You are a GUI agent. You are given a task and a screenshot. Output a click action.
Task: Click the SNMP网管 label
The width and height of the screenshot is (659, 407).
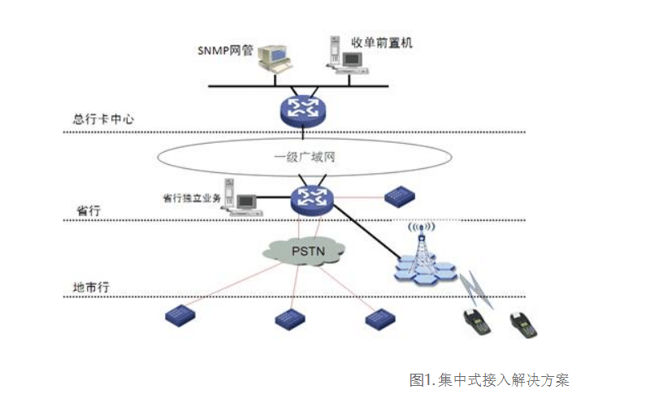pos(226,50)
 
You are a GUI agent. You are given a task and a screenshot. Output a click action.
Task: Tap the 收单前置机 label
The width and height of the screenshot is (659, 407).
pos(381,42)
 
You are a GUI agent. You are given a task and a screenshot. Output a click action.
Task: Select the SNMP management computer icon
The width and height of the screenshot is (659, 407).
pos(275,59)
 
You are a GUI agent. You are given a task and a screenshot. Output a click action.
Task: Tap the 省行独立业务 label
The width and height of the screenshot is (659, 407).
pos(192,197)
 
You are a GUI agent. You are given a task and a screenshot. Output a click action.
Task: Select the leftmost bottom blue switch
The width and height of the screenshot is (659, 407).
pos(179,314)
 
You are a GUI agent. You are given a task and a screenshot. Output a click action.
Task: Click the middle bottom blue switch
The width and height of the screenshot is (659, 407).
pos(288,318)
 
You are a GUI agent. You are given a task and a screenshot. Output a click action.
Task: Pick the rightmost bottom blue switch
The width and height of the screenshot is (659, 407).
pos(379,318)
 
